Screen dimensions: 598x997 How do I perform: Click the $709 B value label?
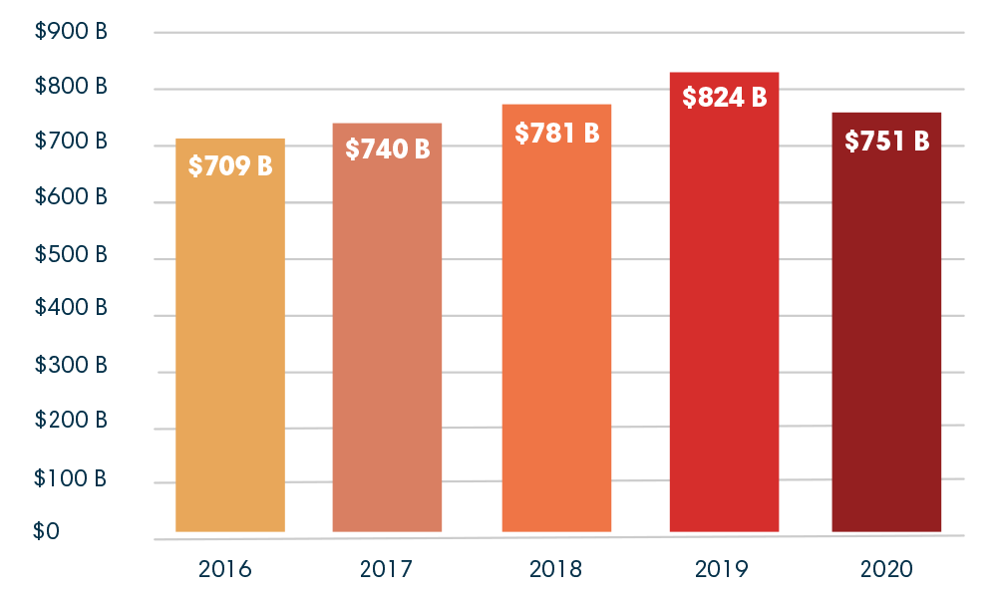coord(230,166)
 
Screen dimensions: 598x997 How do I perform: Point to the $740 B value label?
coord(387,149)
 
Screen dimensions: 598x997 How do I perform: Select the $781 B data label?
coord(556,133)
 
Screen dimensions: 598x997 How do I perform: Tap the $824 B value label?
coord(724,98)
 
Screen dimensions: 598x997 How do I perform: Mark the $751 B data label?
coord(886,142)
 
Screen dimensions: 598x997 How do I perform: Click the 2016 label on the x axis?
coord(225,570)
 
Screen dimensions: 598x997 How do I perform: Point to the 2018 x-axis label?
coord(555,570)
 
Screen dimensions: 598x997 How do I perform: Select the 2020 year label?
coord(885,570)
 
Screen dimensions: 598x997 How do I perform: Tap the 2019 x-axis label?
coord(723,570)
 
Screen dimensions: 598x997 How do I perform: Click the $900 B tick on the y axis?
coord(71,32)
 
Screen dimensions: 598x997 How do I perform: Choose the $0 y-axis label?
coord(47,531)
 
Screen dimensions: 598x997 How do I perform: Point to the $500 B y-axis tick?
coord(71,254)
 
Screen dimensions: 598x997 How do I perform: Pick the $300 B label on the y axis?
coord(71,366)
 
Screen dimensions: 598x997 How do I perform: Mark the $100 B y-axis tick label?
coord(71,477)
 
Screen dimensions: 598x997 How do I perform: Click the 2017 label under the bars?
coord(387,570)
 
